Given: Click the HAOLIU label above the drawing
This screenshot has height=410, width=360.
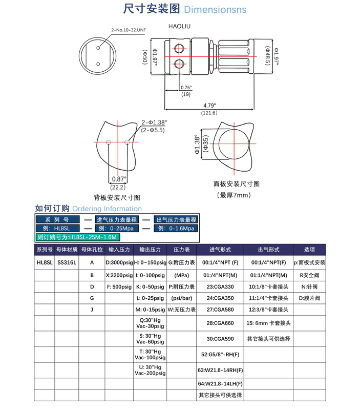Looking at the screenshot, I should pyautogui.click(x=179, y=24).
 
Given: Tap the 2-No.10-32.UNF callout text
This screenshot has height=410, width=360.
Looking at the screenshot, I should pyautogui.click(x=129, y=30).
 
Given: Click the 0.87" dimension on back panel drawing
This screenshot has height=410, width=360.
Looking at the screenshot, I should pyautogui.click(x=118, y=179).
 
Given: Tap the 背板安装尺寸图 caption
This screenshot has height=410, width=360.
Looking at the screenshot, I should pyautogui.click(x=117, y=197).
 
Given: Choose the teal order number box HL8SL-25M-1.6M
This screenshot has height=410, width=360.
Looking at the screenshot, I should pyautogui.click(x=78, y=237).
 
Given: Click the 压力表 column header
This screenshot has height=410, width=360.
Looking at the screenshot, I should pyautogui.click(x=182, y=250).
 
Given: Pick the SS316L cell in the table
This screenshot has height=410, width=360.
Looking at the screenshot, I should pyautogui.click(x=67, y=262).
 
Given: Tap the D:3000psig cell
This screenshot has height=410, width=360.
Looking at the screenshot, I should pyautogui.click(x=119, y=262).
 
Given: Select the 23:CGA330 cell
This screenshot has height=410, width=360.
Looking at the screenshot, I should pyautogui.click(x=220, y=286).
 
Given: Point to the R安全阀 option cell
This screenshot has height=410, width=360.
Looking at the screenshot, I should pyautogui.click(x=310, y=275).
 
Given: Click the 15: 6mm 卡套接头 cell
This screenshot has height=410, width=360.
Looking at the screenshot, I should pyautogui.click(x=269, y=323).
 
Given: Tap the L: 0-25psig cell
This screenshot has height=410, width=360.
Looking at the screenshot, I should pyautogui.click(x=150, y=299).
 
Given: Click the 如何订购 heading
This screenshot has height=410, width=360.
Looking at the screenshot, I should pyautogui.click(x=52, y=209).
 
